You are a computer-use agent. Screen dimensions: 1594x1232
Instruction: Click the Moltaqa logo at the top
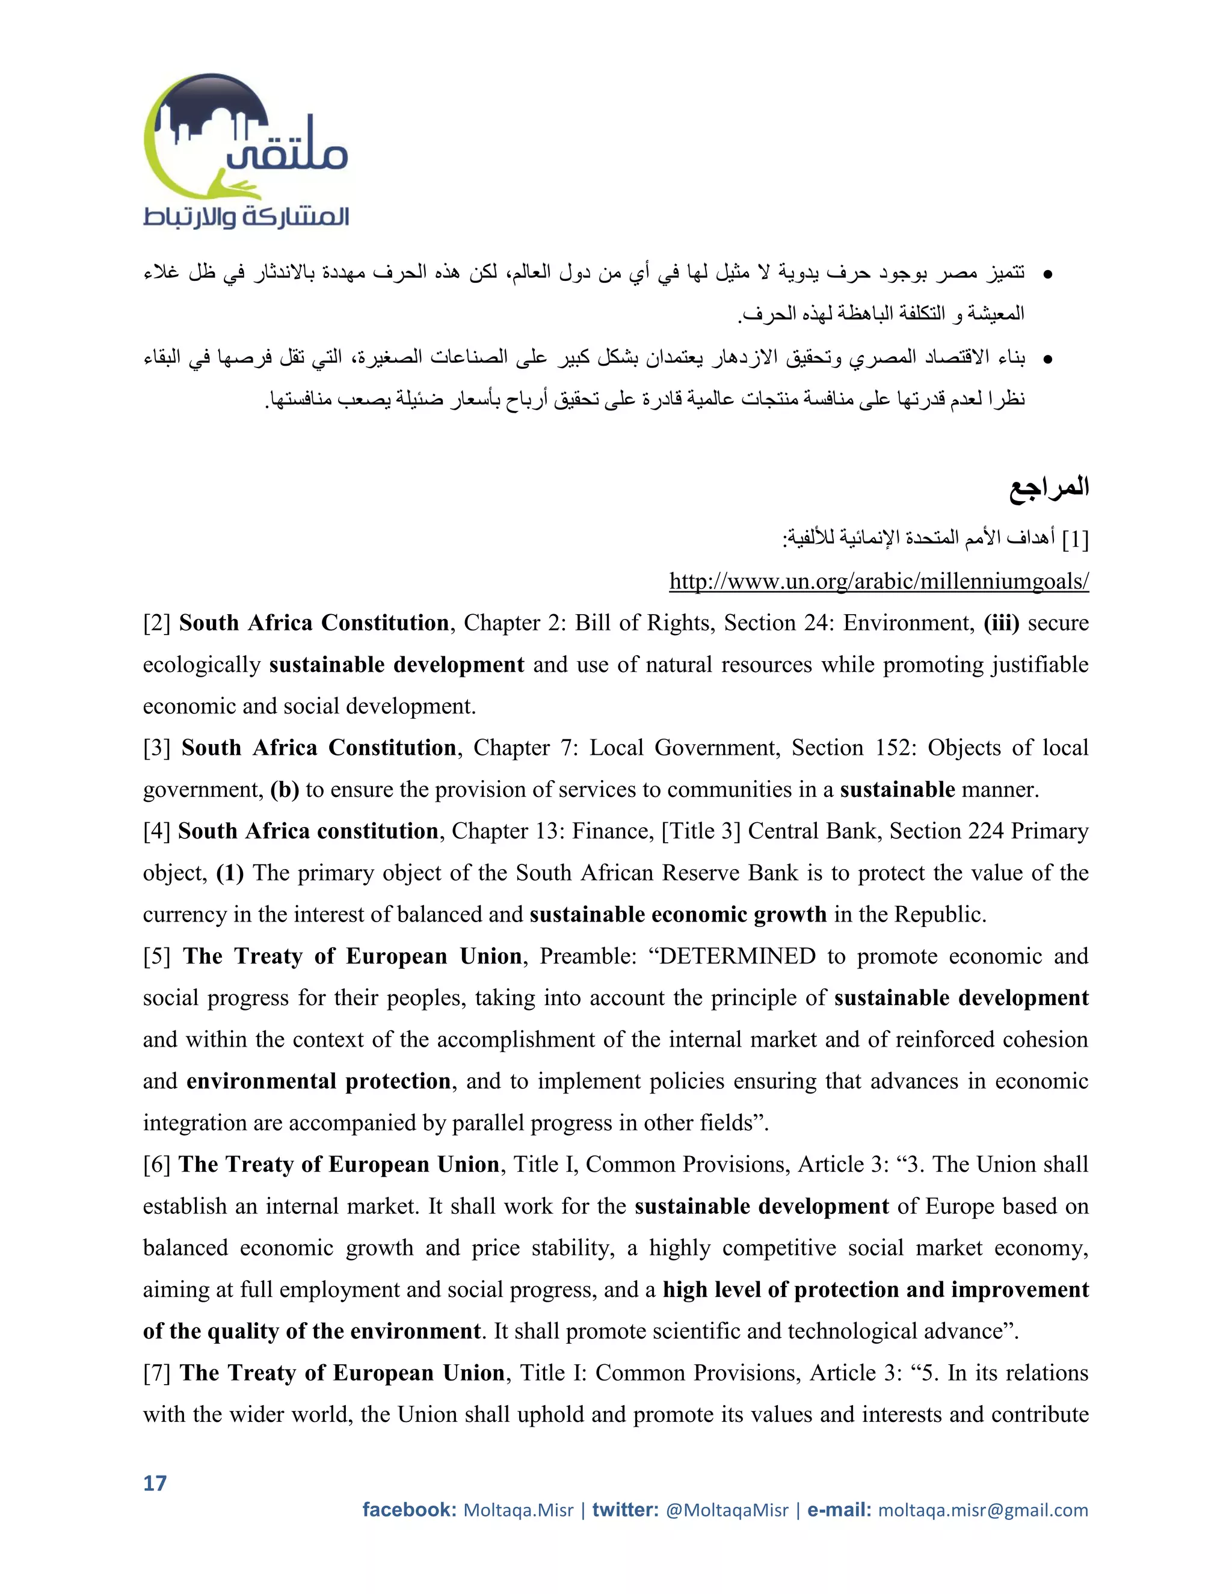(x=245, y=151)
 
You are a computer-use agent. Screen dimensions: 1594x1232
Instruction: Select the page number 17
(x=155, y=1483)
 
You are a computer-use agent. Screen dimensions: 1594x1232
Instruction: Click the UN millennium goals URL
(x=879, y=581)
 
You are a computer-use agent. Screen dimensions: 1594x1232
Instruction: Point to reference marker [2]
(x=157, y=623)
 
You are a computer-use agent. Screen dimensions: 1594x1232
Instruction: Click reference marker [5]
(x=157, y=956)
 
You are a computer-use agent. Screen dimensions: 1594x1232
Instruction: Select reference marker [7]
(x=157, y=1373)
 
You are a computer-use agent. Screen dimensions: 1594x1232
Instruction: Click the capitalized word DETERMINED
(x=736, y=956)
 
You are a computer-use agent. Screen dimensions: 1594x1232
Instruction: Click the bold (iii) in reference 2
(x=1000, y=623)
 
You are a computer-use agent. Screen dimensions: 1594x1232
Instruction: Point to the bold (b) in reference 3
(x=285, y=790)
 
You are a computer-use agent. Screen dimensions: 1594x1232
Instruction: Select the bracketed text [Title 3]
(x=701, y=831)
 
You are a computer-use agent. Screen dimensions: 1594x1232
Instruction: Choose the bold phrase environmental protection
(x=318, y=1081)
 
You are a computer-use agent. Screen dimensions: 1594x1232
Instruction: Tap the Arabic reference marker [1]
(x=1075, y=540)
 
